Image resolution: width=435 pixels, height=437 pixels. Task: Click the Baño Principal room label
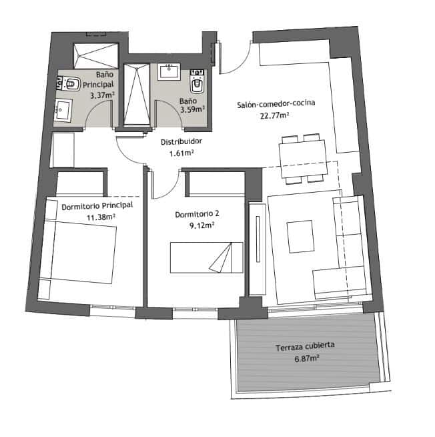(99, 81)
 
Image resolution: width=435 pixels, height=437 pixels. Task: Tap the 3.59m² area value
(193, 110)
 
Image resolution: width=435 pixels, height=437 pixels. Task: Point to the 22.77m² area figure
(275, 115)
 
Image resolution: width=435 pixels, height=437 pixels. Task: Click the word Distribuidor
(181, 141)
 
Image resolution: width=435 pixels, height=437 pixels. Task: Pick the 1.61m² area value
(181, 153)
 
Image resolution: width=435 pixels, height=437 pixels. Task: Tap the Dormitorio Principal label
(97, 206)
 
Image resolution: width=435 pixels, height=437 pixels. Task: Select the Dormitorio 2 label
(197, 215)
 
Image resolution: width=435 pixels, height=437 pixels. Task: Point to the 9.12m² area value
(201, 226)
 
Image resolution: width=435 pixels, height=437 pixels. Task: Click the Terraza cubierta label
(305, 347)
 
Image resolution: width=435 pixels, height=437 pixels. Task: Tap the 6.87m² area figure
(306, 358)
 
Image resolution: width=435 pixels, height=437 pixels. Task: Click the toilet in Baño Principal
(70, 84)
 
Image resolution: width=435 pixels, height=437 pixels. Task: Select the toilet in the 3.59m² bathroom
(197, 83)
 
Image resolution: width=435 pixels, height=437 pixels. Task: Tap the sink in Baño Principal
(63, 109)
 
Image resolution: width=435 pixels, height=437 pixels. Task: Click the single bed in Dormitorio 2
(205, 258)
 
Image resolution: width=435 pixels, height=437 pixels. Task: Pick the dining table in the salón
(304, 158)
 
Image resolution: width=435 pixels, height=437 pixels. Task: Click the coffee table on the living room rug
(300, 236)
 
